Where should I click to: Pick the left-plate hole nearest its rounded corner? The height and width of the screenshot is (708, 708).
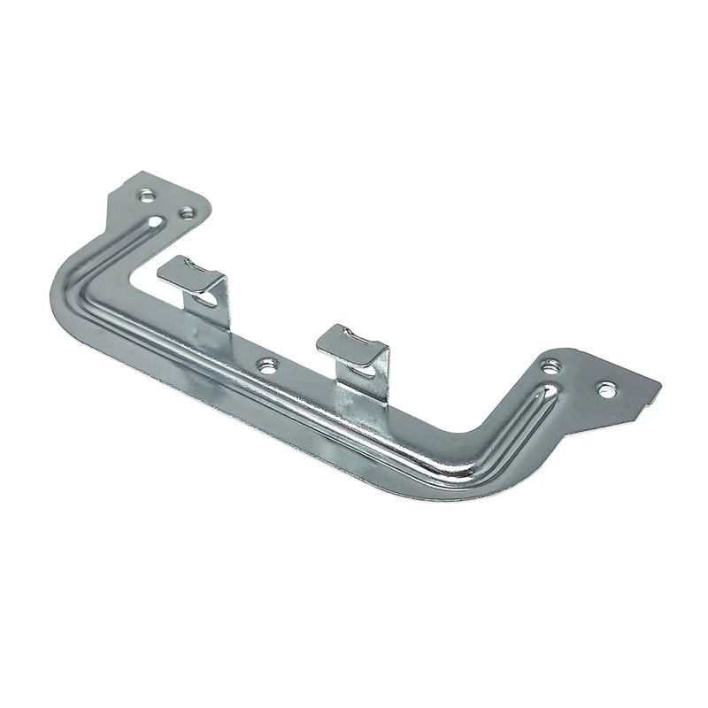tap(187, 212)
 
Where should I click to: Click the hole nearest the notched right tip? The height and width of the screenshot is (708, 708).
tap(607, 387)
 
